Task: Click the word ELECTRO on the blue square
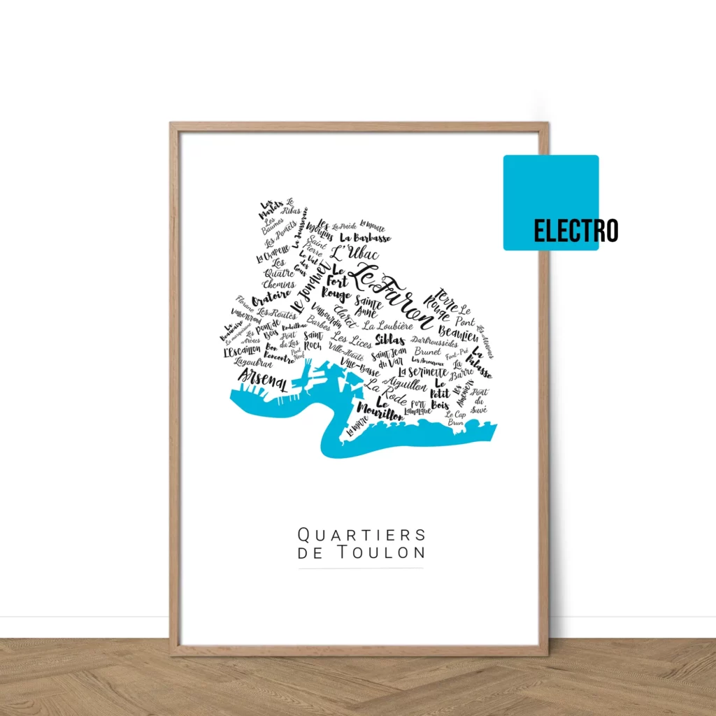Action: (575, 230)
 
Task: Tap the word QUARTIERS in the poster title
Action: (361, 535)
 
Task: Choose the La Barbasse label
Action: (366, 238)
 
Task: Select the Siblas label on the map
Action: (389, 340)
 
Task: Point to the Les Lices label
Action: (352, 341)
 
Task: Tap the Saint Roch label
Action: (313, 341)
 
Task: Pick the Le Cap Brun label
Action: (456, 418)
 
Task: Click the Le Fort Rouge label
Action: (337, 284)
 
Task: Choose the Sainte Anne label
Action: (368, 307)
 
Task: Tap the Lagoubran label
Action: (253, 362)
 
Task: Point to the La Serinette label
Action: (422, 372)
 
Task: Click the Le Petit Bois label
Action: (441, 394)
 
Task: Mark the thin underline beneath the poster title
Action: (361, 568)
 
